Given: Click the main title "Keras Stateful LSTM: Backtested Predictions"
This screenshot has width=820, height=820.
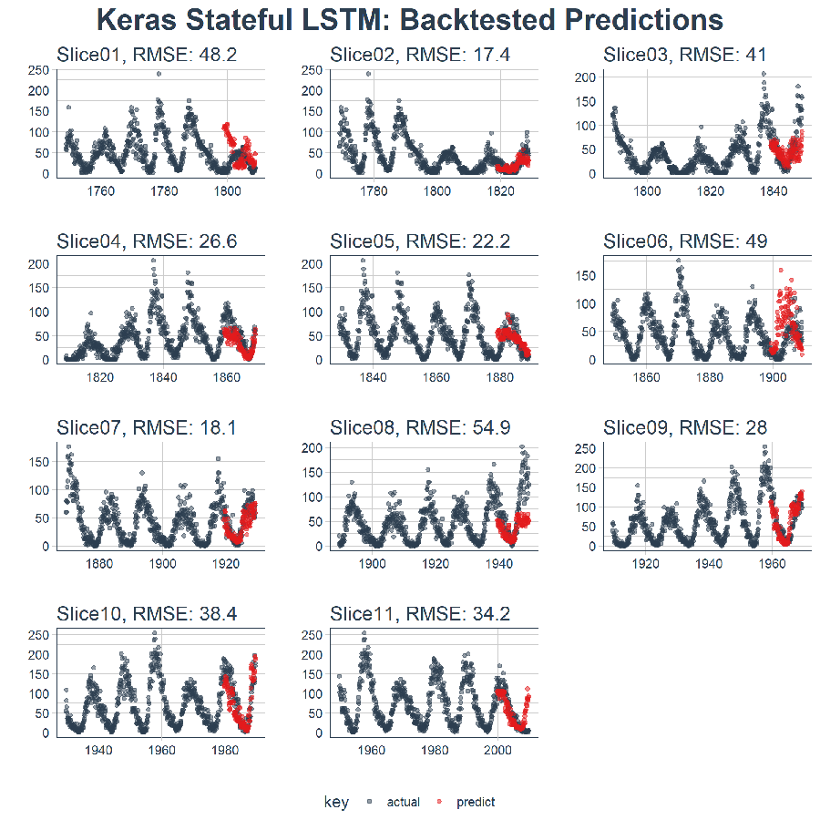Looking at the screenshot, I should pos(409,20).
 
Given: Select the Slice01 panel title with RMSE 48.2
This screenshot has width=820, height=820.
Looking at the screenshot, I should pos(147,56).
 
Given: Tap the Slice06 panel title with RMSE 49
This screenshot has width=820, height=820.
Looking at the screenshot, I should pos(685,241).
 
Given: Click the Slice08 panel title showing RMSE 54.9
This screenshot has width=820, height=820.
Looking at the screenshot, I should pos(420,427).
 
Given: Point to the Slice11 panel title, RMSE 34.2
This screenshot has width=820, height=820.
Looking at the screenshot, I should pos(420,615).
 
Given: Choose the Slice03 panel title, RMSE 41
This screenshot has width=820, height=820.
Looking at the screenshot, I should pos(685,56).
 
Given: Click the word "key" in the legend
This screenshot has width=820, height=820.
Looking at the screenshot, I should pos(335,802).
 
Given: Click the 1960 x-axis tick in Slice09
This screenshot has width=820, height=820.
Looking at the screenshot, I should pos(774,564).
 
